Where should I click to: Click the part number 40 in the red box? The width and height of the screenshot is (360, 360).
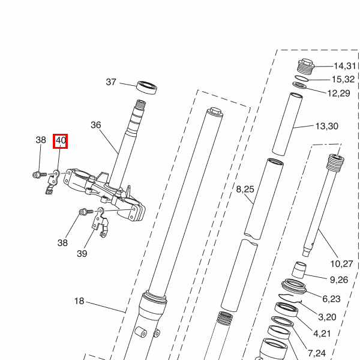[61, 140]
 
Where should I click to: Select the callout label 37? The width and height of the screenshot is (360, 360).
[111, 82]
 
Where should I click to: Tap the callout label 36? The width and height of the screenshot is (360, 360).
[96, 125]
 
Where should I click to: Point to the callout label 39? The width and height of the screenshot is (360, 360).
[82, 254]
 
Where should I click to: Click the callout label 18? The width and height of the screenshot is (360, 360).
[79, 301]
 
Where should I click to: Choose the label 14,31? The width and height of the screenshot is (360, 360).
[344, 66]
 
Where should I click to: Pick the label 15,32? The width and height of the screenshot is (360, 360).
[343, 79]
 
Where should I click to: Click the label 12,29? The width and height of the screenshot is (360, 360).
[338, 94]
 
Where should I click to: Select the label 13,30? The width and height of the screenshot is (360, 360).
[327, 126]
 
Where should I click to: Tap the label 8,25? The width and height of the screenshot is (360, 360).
[245, 190]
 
